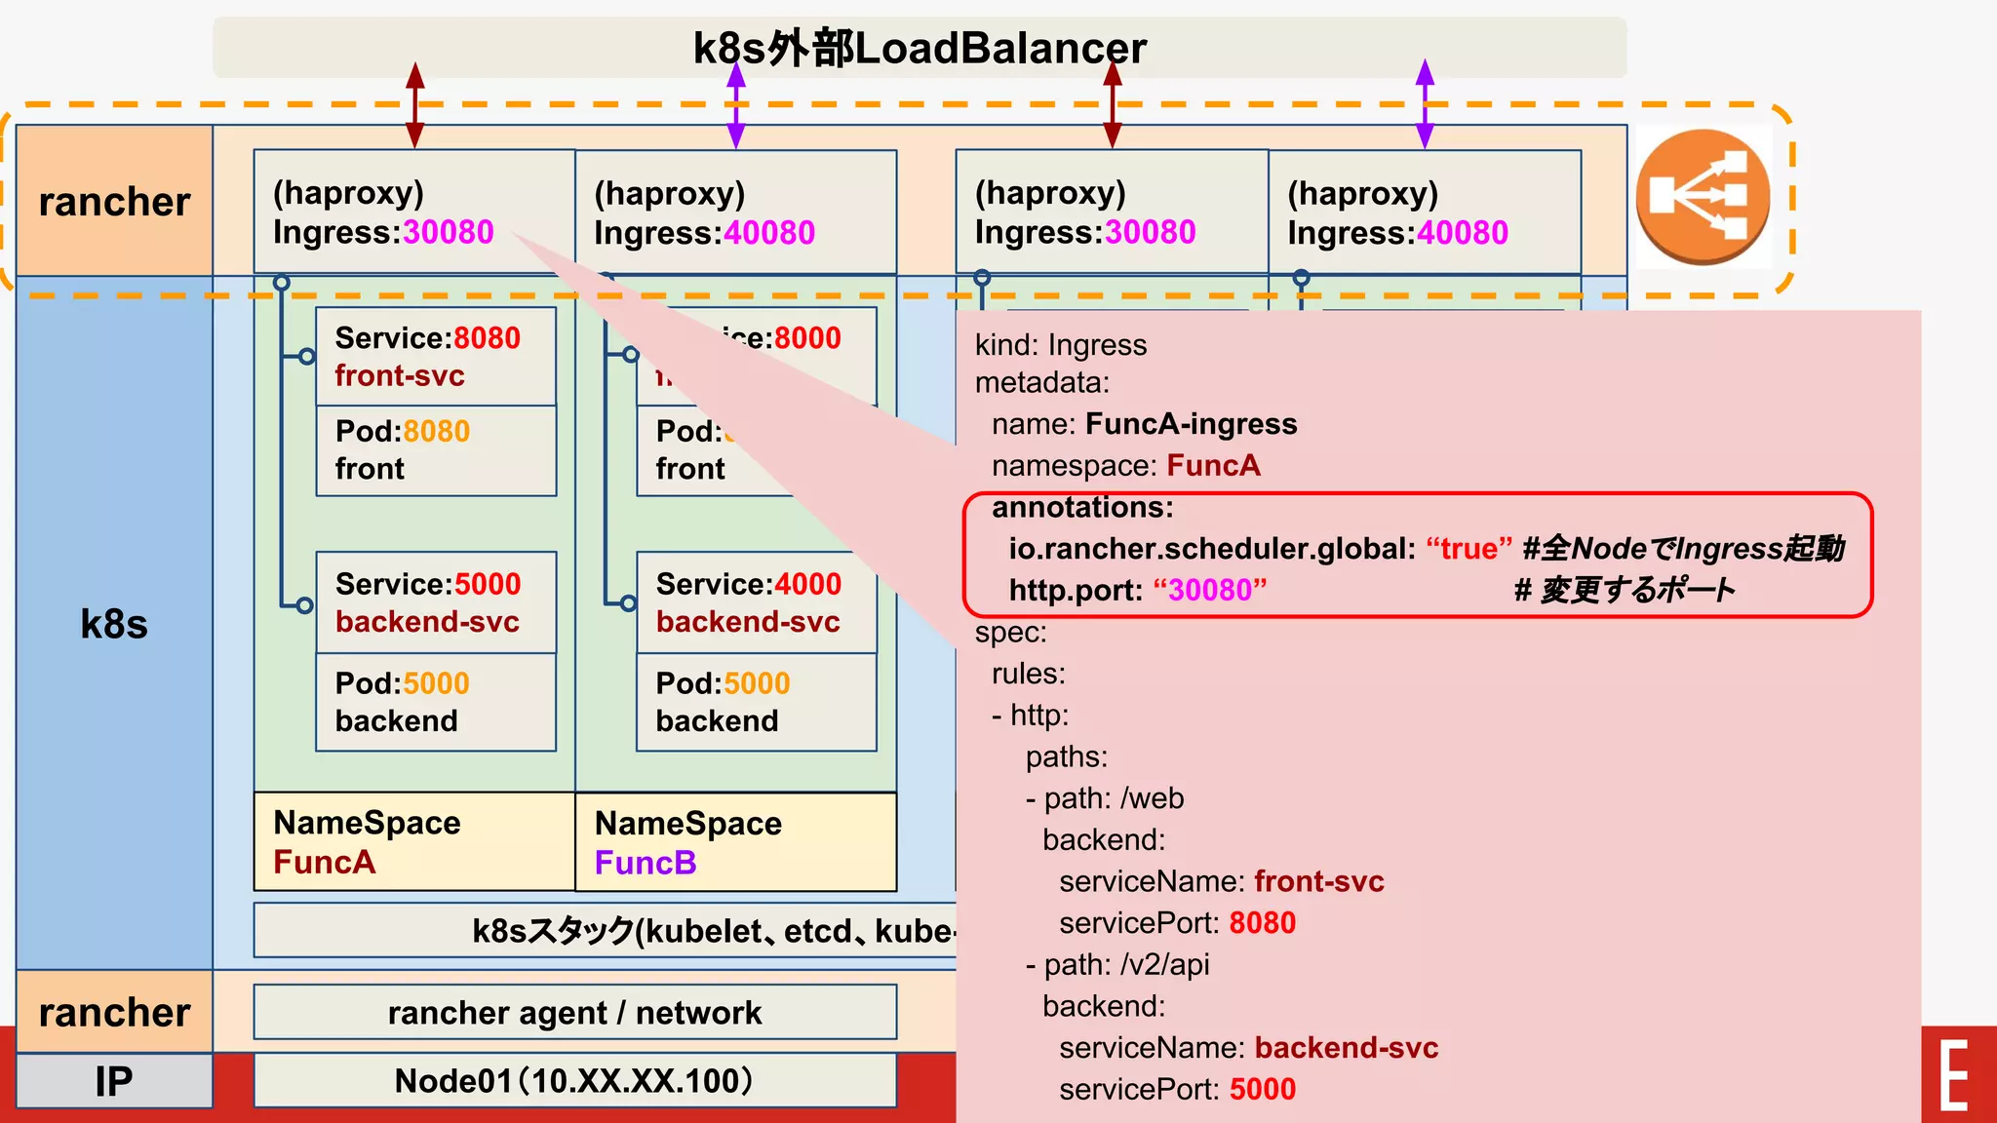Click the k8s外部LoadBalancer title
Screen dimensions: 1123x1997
[919, 48]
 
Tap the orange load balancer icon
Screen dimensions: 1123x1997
[1703, 197]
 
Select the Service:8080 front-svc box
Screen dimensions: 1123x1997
[435, 357]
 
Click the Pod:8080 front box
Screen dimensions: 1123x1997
[435, 450]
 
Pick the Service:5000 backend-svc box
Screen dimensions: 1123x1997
[435, 602]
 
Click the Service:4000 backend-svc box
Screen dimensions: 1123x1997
[756, 602]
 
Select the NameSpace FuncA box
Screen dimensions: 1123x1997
[413, 841]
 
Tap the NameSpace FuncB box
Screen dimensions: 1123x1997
[735, 842]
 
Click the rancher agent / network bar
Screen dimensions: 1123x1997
[574, 1012]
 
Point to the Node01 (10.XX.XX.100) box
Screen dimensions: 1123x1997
[574, 1080]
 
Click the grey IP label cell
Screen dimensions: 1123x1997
[114, 1081]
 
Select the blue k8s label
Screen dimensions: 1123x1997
[114, 624]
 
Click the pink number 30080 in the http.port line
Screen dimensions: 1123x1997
[1210, 590]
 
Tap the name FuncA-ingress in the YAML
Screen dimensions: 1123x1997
[1191, 424]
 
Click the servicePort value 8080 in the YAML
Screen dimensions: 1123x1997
[1262, 923]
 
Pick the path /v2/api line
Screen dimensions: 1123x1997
[1117, 964]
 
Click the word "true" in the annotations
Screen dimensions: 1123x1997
[1468, 549]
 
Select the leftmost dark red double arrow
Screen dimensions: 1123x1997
[415, 105]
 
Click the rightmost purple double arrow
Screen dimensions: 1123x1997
[1425, 103]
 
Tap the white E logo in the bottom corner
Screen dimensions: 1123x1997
[1954, 1075]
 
